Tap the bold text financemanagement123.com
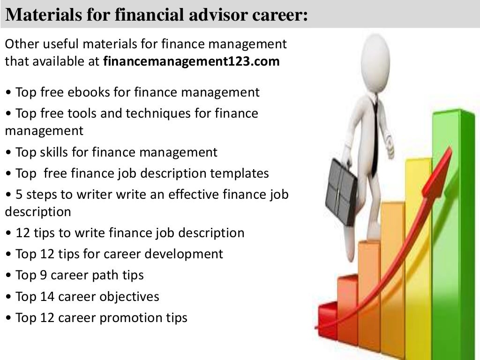(191, 62)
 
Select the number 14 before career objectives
(46, 297)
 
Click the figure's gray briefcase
(341, 192)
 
